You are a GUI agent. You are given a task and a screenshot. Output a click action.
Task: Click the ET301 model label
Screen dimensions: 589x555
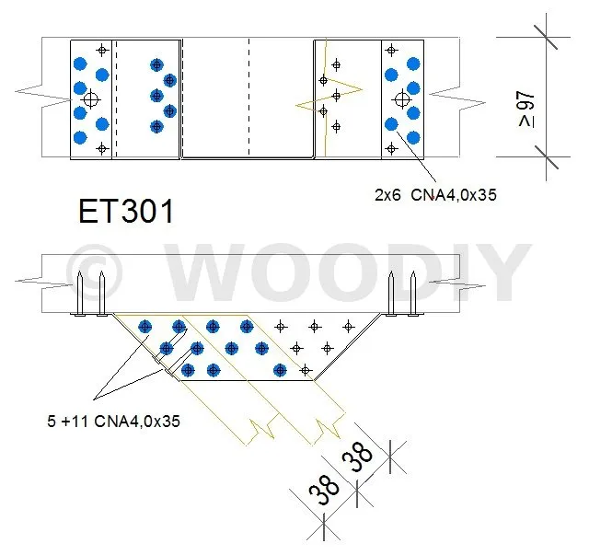point(126,211)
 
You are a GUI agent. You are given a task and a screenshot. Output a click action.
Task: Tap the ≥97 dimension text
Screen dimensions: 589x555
point(526,109)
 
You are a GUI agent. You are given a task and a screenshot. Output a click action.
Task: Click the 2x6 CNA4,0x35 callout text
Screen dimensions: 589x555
point(435,195)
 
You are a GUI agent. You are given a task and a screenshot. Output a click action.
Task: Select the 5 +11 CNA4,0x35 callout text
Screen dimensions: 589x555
point(113,422)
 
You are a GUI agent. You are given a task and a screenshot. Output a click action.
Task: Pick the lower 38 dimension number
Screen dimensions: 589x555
point(324,490)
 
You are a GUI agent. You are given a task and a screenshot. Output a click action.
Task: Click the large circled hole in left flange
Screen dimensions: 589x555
point(90,99)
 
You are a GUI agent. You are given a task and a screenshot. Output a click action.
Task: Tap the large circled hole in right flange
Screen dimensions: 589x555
point(402,99)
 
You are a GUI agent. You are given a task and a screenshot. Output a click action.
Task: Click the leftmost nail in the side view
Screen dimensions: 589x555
point(79,293)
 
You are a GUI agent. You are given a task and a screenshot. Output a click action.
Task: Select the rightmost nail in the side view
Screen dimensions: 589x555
point(413,293)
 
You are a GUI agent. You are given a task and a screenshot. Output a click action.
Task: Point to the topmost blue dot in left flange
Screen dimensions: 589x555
point(80,64)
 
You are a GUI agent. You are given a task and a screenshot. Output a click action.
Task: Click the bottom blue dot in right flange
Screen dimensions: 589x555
point(413,137)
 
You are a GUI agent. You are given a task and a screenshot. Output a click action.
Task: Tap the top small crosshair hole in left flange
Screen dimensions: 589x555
point(102,50)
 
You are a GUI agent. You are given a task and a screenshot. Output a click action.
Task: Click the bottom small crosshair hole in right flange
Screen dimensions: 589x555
point(391,149)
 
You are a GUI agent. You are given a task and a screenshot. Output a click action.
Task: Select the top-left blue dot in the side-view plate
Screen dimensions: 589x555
point(145,327)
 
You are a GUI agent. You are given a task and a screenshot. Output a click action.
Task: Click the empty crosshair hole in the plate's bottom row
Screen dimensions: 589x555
point(305,371)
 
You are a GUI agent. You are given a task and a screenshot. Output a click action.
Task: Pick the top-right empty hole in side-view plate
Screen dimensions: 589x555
point(348,327)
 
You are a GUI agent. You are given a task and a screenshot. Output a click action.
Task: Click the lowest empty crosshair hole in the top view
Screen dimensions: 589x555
point(102,149)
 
